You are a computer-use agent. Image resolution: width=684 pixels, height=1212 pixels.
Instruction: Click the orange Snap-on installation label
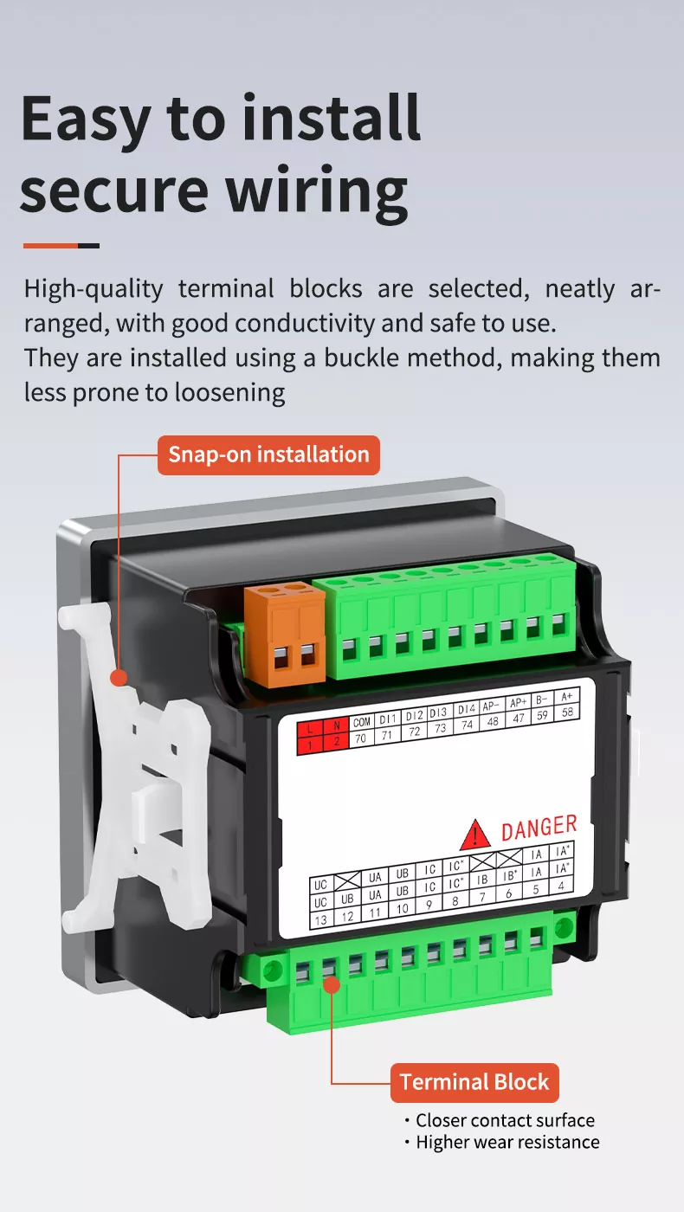pyautogui.click(x=268, y=455)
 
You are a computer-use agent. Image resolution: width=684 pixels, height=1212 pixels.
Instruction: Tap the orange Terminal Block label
pyautogui.click(x=474, y=1082)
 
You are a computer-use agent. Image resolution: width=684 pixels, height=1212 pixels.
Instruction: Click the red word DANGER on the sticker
pyautogui.click(x=539, y=828)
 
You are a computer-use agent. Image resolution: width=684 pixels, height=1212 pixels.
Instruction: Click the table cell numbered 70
pyautogui.click(x=361, y=738)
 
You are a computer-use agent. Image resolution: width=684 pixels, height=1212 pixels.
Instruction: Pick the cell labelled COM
pyautogui.click(x=362, y=722)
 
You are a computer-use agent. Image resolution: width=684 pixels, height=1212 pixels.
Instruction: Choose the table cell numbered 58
pyautogui.click(x=566, y=712)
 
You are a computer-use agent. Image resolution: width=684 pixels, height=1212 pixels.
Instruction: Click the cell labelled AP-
pyautogui.click(x=491, y=706)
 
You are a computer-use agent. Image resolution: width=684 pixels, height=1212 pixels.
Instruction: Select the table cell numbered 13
pyautogui.click(x=321, y=920)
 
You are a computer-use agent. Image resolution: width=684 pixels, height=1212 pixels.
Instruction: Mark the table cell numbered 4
pyautogui.click(x=561, y=886)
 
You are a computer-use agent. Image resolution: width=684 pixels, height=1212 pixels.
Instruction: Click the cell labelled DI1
pyautogui.click(x=388, y=719)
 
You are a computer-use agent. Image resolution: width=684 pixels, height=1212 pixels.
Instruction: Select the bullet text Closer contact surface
pyautogui.click(x=505, y=1120)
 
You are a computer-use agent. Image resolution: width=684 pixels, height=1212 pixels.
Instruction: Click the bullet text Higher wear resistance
pyautogui.click(x=507, y=1142)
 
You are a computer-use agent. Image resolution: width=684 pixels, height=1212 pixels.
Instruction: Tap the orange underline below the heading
pyautogui.click(x=51, y=246)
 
